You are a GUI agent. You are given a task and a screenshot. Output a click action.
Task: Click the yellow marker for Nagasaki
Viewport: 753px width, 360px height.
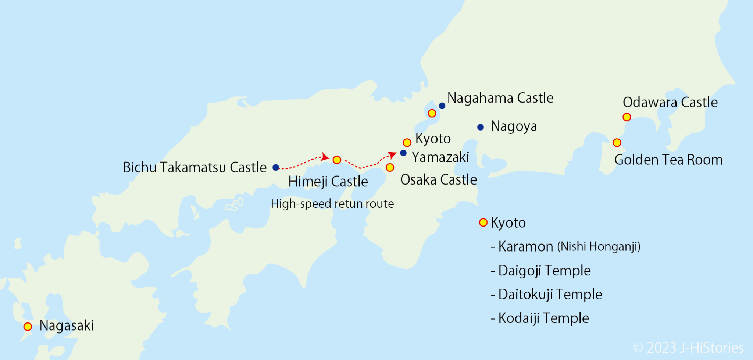click(28, 327)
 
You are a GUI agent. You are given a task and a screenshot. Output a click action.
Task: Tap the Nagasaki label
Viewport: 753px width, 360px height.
click(67, 325)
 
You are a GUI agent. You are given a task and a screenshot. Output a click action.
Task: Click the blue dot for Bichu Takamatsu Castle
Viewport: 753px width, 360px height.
click(276, 167)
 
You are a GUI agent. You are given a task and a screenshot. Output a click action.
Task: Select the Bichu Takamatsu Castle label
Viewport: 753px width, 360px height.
click(195, 167)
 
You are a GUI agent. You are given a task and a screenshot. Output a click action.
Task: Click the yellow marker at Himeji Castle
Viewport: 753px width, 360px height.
click(337, 160)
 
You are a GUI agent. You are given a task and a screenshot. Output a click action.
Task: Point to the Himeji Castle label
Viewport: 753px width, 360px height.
click(328, 182)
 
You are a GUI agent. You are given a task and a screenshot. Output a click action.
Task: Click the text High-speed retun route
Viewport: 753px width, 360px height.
click(332, 203)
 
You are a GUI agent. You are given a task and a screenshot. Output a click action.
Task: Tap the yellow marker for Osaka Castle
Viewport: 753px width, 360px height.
click(390, 168)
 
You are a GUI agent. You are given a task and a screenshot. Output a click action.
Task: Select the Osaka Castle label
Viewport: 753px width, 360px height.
click(438, 180)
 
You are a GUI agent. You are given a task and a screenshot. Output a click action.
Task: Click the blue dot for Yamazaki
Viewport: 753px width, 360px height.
click(403, 153)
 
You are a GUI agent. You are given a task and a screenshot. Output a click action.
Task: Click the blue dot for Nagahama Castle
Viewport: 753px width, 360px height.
click(442, 106)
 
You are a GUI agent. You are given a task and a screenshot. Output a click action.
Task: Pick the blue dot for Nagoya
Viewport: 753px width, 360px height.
click(480, 127)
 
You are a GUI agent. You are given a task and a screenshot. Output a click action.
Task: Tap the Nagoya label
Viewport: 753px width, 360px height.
click(514, 126)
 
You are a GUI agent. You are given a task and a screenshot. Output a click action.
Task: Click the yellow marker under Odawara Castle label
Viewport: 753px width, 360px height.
click(627, 117)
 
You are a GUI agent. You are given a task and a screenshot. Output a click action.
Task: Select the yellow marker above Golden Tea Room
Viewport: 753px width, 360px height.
click(617, 143)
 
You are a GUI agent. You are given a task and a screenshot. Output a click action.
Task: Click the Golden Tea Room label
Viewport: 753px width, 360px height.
click(668, 160)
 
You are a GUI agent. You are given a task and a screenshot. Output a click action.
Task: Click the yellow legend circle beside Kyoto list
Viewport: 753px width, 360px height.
click(483, 222)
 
